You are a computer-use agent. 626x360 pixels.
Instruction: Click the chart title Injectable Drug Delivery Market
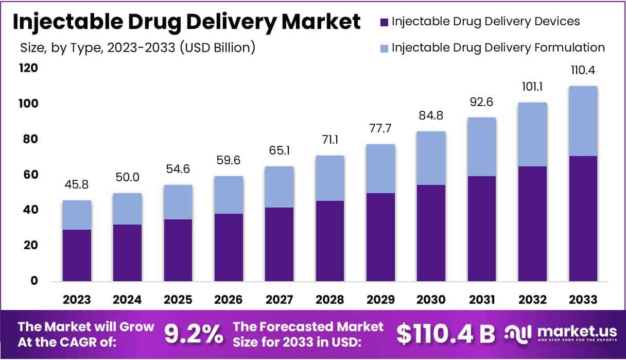point(186,22)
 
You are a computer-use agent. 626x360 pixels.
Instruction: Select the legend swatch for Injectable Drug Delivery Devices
point(384,22)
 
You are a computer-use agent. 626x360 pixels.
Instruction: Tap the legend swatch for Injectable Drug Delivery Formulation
point(384,48)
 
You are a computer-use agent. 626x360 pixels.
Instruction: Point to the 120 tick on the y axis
point(29,68)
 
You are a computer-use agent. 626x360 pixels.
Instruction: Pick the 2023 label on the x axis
point(77,300)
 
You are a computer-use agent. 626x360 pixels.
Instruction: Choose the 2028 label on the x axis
point(330,300)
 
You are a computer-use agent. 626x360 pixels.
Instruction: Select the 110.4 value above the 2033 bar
point(583,71)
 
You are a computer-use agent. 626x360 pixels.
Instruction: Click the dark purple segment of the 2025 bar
point(178,250)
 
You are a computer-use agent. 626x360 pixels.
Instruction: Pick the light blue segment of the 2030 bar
point(431,158)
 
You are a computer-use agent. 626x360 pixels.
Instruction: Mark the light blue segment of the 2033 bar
point(583,121)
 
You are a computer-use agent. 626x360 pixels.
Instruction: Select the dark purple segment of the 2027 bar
point(280,244)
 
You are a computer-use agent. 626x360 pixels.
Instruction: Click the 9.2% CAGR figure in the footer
point(194,334)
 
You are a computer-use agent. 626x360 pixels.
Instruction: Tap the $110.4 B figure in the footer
point(446,334)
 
